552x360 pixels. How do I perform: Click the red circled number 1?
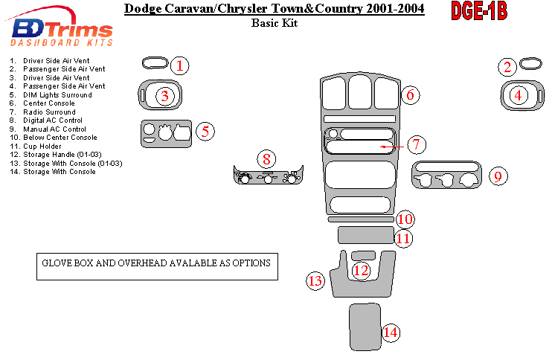[x=179, y=65]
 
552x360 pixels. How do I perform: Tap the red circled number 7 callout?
[x=416, y=144]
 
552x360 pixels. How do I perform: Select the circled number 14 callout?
[x=391, y=332]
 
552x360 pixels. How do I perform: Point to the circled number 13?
[x=316, y=280]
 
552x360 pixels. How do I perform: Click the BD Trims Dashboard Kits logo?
[x=63, y=33]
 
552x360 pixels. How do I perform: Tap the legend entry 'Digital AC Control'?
[x=54, y=120]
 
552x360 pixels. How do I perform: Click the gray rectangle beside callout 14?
[x=365, y=326]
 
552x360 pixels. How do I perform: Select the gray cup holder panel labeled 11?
[x=365, y=236]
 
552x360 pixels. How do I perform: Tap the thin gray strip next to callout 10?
[x=360, y=220]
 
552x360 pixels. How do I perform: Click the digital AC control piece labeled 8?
[x=267, y=177]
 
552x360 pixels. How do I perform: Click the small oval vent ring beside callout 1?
[x=153, y=62]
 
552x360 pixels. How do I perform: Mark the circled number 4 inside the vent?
[x=519, y=94]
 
